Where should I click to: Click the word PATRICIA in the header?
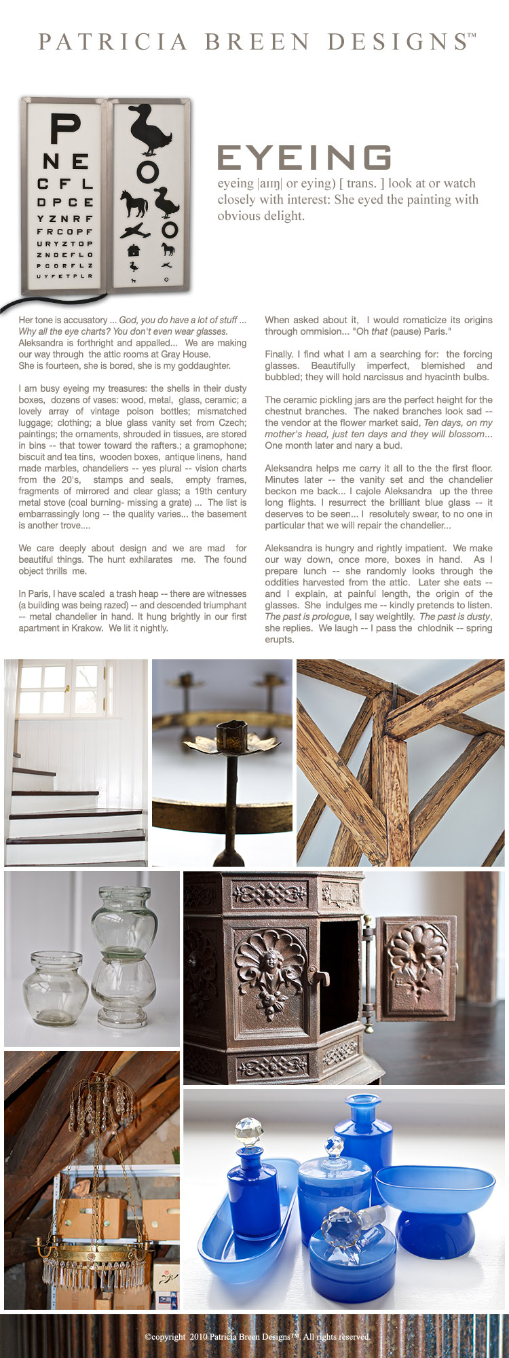(113, 42)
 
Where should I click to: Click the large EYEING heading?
(304, 158)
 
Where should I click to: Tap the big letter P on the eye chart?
(66, 131)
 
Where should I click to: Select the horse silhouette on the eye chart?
(133, 203)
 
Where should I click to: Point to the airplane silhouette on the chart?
(135, 230)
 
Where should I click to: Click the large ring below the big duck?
(147, 172)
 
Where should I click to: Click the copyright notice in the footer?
(257, 1336)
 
